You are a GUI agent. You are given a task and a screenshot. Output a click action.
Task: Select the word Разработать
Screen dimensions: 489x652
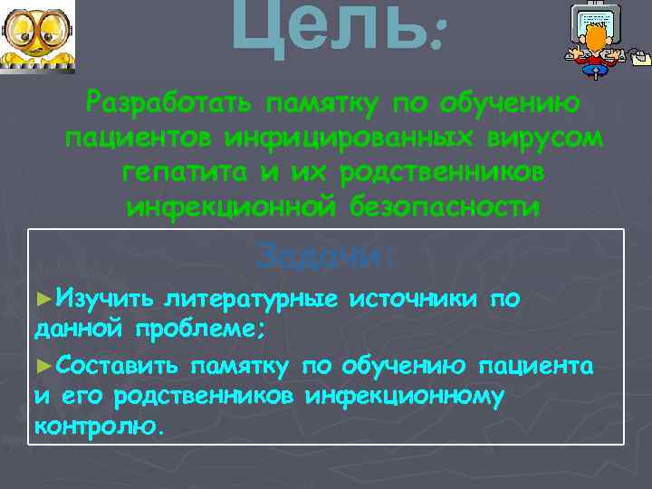click(169, 105)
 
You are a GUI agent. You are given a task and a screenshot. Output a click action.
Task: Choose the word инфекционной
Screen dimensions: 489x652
click(228, 207)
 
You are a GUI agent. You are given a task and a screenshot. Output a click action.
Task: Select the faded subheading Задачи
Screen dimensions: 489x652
click(325, 256)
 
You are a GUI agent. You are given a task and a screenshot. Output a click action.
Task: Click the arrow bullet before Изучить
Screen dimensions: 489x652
click(41, 298)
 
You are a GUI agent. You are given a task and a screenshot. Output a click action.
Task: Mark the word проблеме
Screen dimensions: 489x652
click(201, 328)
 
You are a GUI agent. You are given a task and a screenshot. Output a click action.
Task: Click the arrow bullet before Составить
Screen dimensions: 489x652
click(41, 366)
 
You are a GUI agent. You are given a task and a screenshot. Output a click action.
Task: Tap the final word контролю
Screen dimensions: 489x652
click(99, 426)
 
